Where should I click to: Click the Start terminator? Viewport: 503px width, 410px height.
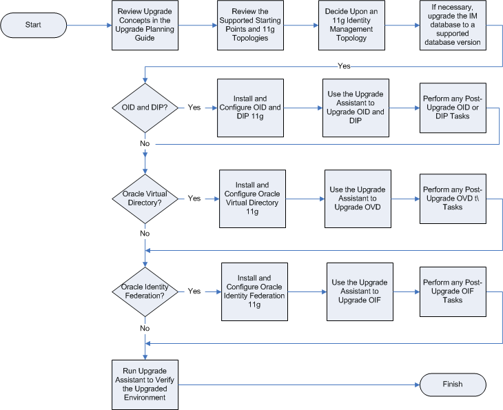click(33, 25)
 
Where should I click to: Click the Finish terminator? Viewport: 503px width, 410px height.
click(452, 385)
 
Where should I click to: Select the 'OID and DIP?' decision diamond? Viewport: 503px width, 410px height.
click(145, 108)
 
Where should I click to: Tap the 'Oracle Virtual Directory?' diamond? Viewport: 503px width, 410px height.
click(145, 198)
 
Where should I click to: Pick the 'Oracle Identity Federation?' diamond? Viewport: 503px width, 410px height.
click(145, 291)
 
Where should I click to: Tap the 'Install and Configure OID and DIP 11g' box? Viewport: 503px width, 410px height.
click(249, 107)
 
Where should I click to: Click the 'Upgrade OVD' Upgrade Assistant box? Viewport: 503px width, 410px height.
click(358, 198)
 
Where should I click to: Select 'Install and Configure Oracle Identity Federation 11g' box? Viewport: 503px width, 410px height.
click(254, 291)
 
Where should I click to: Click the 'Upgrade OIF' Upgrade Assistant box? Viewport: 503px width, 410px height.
click(360, 291)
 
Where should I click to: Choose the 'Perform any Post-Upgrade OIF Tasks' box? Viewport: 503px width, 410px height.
click(453, 291)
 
